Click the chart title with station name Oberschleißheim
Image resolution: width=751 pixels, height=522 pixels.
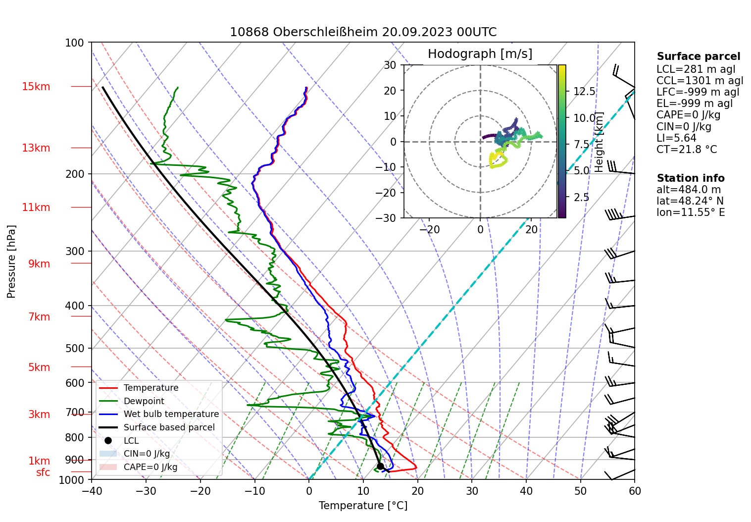click(363, 32)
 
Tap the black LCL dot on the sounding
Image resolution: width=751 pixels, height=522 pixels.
click(380, 466)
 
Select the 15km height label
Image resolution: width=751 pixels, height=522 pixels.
click(36, 87)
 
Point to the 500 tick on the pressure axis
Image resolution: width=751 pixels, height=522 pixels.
click(75, 348)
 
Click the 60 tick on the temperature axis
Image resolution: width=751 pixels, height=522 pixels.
click(635, 491)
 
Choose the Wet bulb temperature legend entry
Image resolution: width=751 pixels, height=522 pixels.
click(171, 414)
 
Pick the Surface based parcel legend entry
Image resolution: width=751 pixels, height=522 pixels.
click(169, 427)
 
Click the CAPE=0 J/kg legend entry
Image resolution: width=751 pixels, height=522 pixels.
click(150, 467)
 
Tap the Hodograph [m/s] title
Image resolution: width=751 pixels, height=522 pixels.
click(480, 54)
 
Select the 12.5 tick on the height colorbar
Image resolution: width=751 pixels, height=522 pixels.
click(584, 92)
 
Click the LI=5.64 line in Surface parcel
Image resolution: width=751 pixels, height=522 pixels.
click(676, 138)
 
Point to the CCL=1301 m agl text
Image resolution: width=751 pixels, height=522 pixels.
click(700, 81)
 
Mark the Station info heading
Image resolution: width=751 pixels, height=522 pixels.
click(690, 178)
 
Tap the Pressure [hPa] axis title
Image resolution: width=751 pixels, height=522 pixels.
click(11, 261)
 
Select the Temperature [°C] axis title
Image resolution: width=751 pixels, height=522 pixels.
click(363, 506)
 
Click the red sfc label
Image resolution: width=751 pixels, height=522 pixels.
click(43, 472)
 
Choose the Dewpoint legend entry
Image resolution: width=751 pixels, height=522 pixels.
click(144, 401)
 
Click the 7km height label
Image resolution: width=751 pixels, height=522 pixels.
click(39, 317)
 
